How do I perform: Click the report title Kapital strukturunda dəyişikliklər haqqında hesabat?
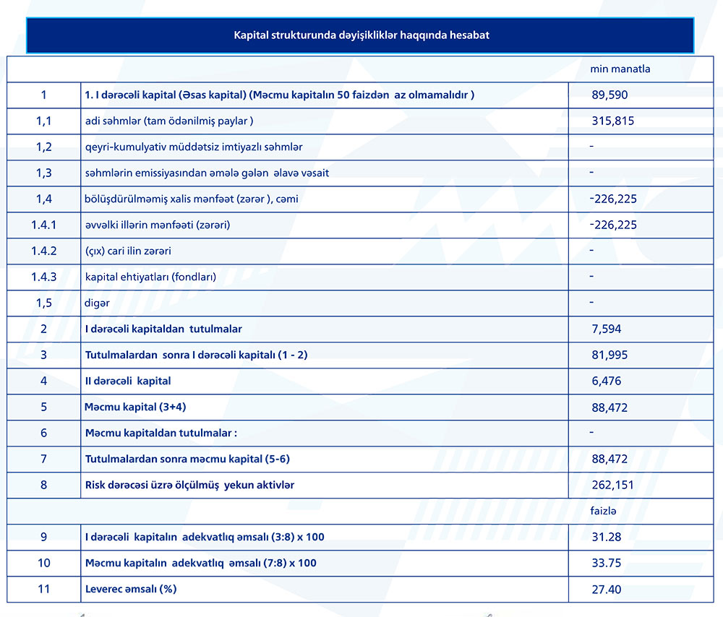point(361,35)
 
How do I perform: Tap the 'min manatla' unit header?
point(620,69)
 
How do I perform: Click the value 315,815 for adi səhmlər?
point(612,121)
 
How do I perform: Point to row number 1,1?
point(44,121)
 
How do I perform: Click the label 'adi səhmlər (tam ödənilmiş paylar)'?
point(169,121)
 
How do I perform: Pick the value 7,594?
point(606,329)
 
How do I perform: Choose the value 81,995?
point(609,355)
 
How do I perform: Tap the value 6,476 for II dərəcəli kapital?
point(606,381)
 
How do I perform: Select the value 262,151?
point(612,485)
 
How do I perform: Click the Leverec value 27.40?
point(606,589)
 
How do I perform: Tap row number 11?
point(44,589)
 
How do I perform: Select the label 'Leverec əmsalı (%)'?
point(131,589)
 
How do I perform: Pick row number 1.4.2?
point(44,251)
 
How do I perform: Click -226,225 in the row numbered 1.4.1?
point(613,225)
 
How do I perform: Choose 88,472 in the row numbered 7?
point(609,459)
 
